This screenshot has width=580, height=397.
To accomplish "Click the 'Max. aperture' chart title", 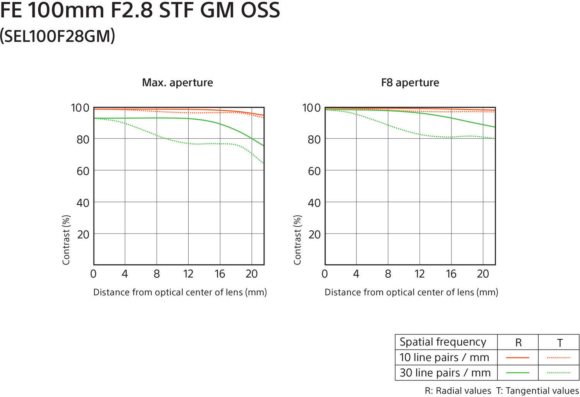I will (x=177, y=82).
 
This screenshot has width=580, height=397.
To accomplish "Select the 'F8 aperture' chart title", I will (x=410, y=82).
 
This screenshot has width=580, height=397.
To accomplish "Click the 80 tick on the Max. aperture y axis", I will (x=83, y=139).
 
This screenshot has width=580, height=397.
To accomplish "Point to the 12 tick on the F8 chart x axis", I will (x=419, y=274).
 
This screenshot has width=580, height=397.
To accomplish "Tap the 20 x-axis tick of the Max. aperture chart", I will (x=251, y=274).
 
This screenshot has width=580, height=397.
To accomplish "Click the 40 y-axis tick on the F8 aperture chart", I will (x=314, y=203).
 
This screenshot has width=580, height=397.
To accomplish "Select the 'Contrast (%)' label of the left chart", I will (x=66, y=240).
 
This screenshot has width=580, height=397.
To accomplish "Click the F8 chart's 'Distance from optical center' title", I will (x=411, y=292).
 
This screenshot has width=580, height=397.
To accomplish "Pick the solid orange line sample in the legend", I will (x=517, y=358).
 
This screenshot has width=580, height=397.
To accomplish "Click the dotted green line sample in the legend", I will (x=559, y=373).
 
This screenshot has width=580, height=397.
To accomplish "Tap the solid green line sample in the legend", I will (x=517, y=373).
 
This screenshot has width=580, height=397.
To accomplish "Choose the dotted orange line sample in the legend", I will (x=559, y=358).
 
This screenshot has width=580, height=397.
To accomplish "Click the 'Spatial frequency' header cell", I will (x=443, y=342).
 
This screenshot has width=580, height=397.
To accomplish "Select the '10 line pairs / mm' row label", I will (x=444, y=358).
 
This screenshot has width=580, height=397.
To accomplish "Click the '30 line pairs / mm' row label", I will (x=445, y=373).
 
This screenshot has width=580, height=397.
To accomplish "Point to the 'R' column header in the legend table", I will (x=518, y=342).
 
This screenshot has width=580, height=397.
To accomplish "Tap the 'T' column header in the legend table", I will (x=560, y=342).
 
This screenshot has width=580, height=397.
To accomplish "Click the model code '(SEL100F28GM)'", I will (x=58, y=36).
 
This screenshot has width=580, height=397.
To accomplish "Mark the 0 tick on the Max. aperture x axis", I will (x=93, y=274).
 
